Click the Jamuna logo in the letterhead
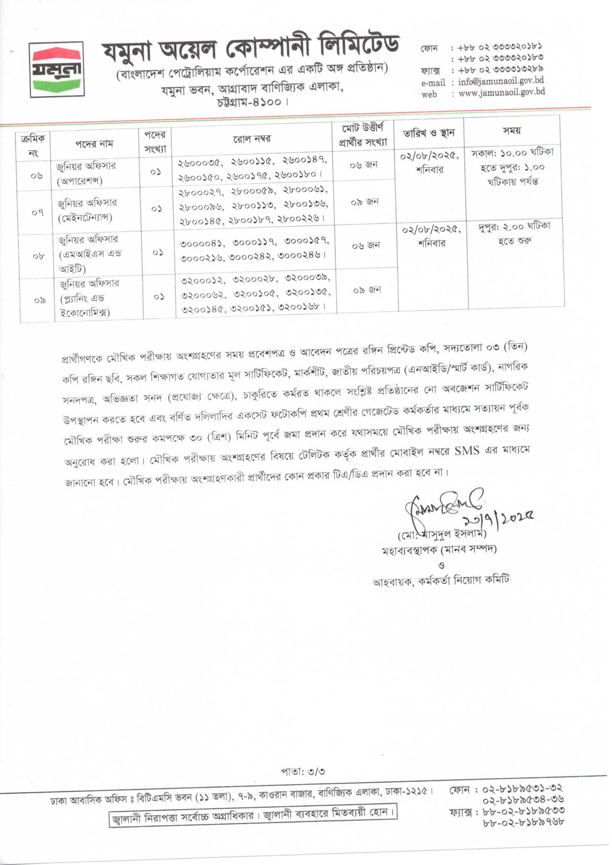pos(56,69)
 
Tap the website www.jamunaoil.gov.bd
pos(501,92)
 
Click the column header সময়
pos(512,131)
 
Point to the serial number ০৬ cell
pos(37,175)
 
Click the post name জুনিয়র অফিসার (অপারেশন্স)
pos(86,173)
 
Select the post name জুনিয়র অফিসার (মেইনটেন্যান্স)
pos(86,210)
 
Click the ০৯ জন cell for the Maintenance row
pos(365,202)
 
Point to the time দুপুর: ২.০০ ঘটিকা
pos(514,227)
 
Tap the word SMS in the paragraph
pos(466,450)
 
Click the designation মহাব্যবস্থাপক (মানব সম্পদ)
pos(439,549)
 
